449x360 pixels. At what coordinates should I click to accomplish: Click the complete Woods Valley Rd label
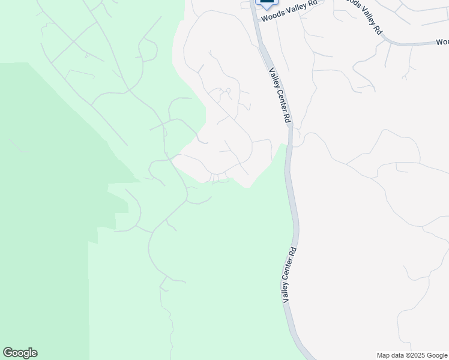pyautogui.click(x=289, y=11)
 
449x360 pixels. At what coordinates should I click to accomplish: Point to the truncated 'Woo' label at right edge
pyautogui.click(x=442, y=41)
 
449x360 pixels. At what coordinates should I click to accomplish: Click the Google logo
pyautogui.click(x=20, y=353)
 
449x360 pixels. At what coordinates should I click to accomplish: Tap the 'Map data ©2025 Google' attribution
pyautogui.click(x=412, y=355)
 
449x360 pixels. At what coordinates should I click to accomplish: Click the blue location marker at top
pyautogui.click(x=265, y=3)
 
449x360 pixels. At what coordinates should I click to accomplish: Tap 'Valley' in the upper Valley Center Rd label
pyautogui.click(x=274, y=79)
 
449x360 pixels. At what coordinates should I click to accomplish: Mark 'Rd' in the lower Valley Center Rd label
pyautogui.click(x=294, y=252)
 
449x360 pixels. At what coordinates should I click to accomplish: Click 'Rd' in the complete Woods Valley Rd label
pyautogui.click(x=312, y=5)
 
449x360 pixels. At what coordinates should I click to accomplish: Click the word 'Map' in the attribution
pyautogui.click(x=383, y=355)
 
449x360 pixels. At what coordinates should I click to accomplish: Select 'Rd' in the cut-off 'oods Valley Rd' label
pyautogui.click(x=378, y=29)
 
